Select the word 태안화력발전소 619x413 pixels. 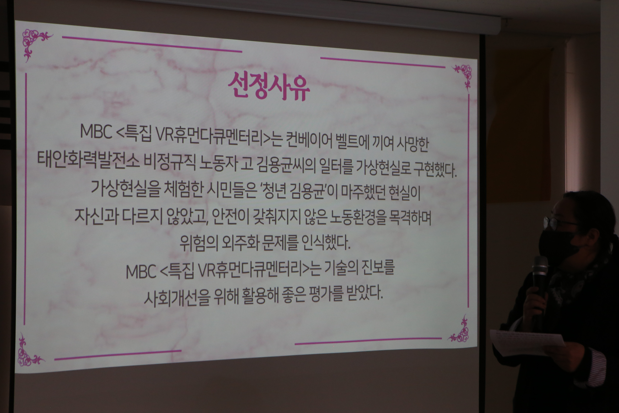pos(88,159)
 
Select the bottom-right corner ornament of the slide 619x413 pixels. pos(459,331)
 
